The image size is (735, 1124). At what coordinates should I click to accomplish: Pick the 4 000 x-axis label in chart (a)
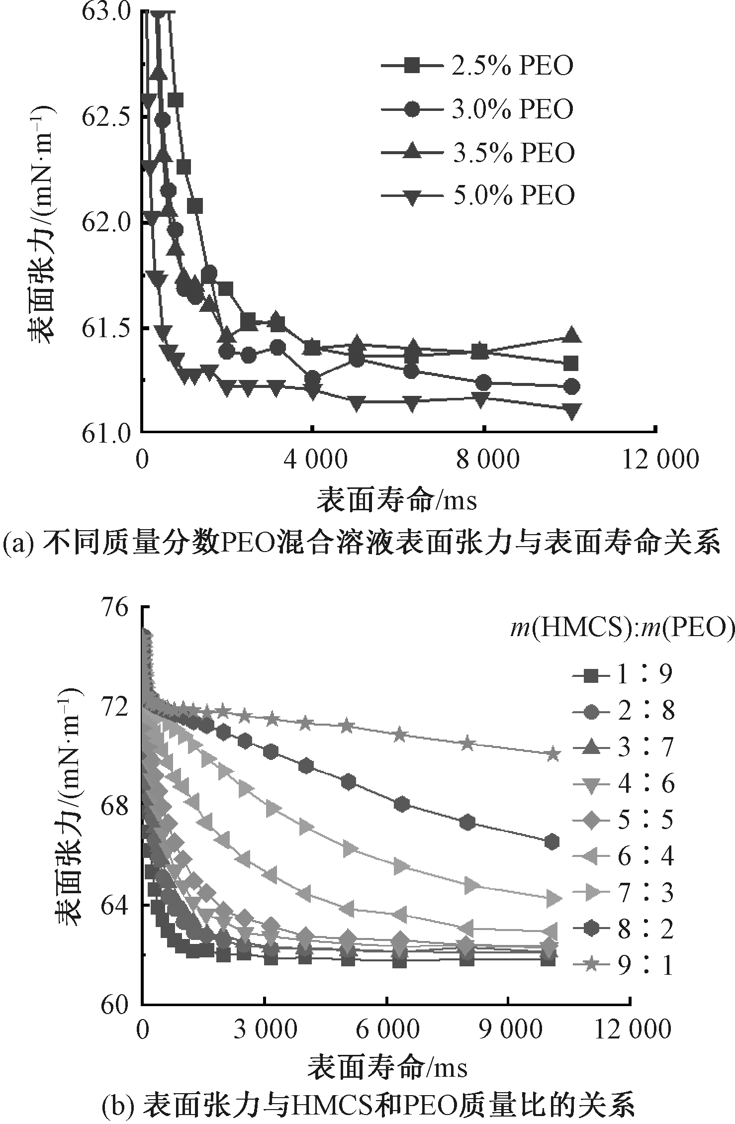(x=312, y=459)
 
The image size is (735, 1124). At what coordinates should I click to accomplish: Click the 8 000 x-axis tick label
(x=484, y=459)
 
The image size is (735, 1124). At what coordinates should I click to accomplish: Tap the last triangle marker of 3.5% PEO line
(x=572, y=335)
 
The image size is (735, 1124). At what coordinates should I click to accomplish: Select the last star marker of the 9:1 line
(x=552, y=754)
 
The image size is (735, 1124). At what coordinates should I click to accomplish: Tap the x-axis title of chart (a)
(x=397, y=499)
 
